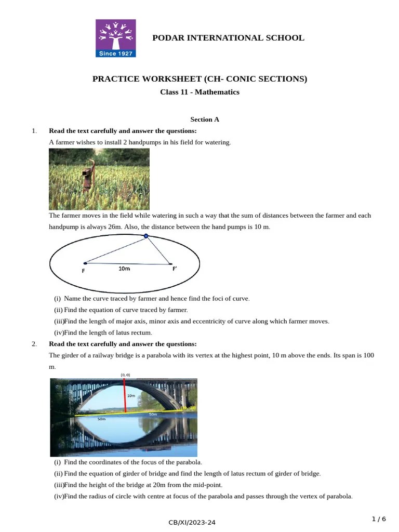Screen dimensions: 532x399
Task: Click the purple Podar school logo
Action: pos(115,37)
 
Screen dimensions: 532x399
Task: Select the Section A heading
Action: pos(205,119)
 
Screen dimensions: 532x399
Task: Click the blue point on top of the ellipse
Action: pos(146,236)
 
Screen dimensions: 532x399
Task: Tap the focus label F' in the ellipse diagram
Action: pos(175,269)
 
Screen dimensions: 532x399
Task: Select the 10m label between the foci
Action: pos(124,269)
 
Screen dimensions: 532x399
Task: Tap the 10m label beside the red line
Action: pos(131,395)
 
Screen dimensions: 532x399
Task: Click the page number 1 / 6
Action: pos(379,519)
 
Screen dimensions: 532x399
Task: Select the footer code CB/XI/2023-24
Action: pos(192,523)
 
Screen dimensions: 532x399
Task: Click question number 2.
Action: pos(34,344)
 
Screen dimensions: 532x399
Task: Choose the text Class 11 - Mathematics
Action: pos(199,92)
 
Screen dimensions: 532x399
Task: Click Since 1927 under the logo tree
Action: pos(115,54)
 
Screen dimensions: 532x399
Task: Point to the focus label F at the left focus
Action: pos(83,271)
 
